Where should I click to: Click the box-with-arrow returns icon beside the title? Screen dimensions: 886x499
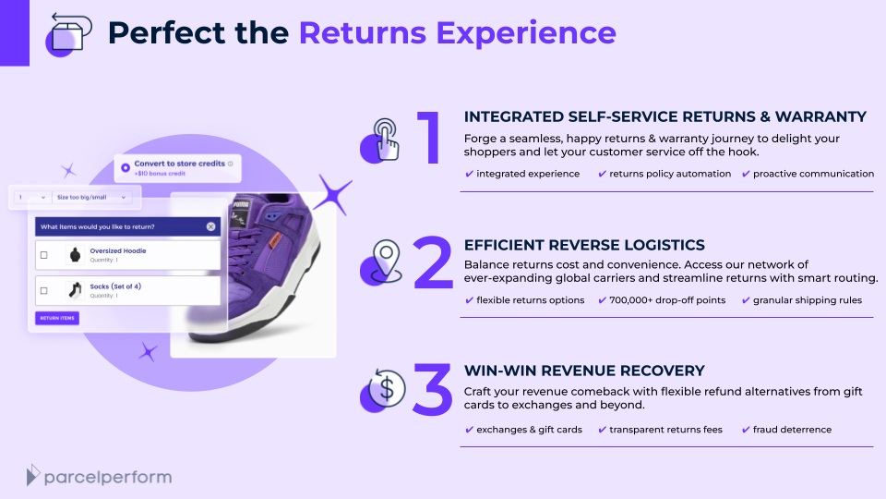[x=68, y=34]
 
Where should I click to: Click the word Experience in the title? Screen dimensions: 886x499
[x=526, y=33]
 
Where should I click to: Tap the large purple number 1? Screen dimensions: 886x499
[x=430, y=137]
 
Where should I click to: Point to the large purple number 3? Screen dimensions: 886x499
[x=433, y=389]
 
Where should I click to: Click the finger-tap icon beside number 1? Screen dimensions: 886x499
[x=381, y=140]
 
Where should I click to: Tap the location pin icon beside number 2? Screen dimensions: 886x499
[x=382, y=262]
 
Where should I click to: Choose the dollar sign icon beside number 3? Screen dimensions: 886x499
[x=384, y=389]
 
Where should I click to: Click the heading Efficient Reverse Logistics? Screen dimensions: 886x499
[x=584, y=245]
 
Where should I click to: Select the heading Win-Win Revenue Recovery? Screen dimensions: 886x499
[x=584, y=371]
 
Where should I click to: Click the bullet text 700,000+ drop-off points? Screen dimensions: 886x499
[x=667, y=299]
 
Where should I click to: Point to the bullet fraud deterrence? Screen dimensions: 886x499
[x=792, y=430]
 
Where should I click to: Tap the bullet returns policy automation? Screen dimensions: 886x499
[x=670, y=174]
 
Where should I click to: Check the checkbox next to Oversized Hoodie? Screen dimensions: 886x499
[x=44, y=255]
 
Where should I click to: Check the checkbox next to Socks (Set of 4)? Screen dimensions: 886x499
[x=44, y=291]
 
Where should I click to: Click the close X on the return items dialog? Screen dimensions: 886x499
[x=210, y=227]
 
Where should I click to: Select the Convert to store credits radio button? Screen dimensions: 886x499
[x=126, y=167]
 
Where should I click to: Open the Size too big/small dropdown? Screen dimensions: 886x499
[x=91, y=198]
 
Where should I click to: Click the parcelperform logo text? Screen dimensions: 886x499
[x=108, y=477]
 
